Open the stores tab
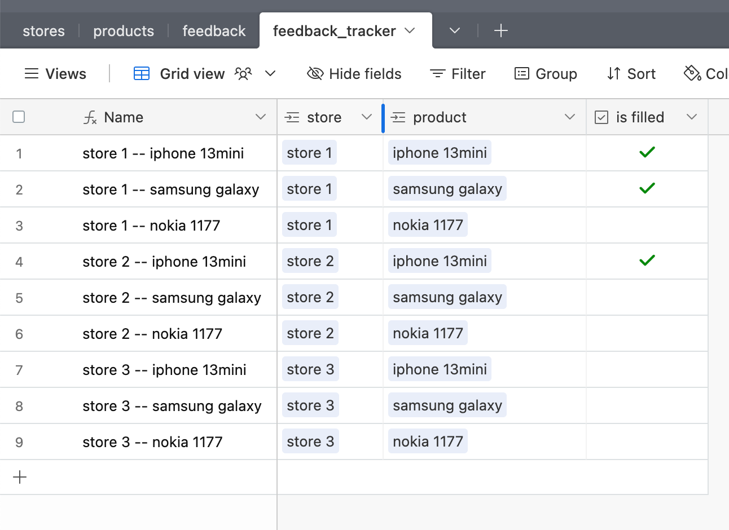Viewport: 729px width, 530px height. tap(43, 31)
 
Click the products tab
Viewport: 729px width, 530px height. tap(124, 31)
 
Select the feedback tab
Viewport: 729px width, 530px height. tap(214, 31)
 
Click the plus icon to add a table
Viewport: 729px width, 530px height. tap(500, 31)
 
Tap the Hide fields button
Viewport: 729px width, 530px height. tap(354, 74)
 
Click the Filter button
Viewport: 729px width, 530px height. tap(458, 74)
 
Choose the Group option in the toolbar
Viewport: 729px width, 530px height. tap(546, 74)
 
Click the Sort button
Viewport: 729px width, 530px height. tap(631, 74)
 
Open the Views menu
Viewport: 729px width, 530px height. tap(56, 74)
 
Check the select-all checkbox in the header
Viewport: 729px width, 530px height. tap(19, 117)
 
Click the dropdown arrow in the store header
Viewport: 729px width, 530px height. tap(366, 117)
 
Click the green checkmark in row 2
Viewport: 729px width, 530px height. tap(647, 188)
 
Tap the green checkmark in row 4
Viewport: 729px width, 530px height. tap(647, 260)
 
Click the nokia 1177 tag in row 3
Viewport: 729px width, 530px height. tap(428, 224)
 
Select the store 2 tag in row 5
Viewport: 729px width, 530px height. tap(310, 297)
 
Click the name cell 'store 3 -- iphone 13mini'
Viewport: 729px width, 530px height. tap(164, 370)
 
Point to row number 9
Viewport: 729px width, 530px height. tap(19, 442)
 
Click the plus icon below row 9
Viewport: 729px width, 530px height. tap(20, 477)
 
